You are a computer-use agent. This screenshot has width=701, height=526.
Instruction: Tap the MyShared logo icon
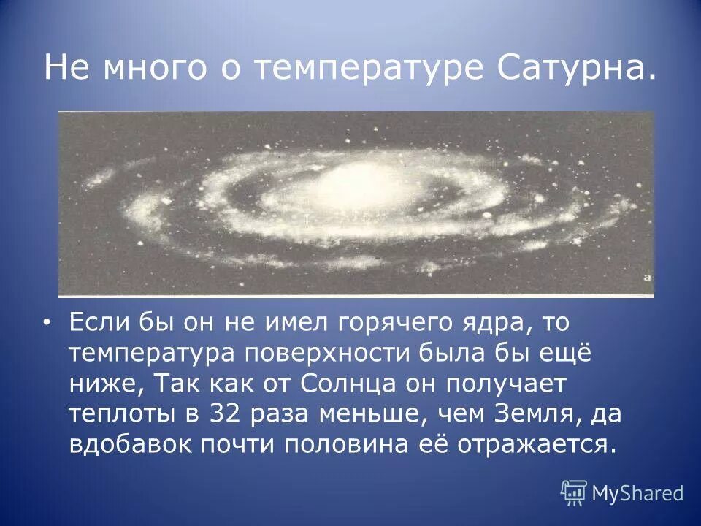tap(574, 493)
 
